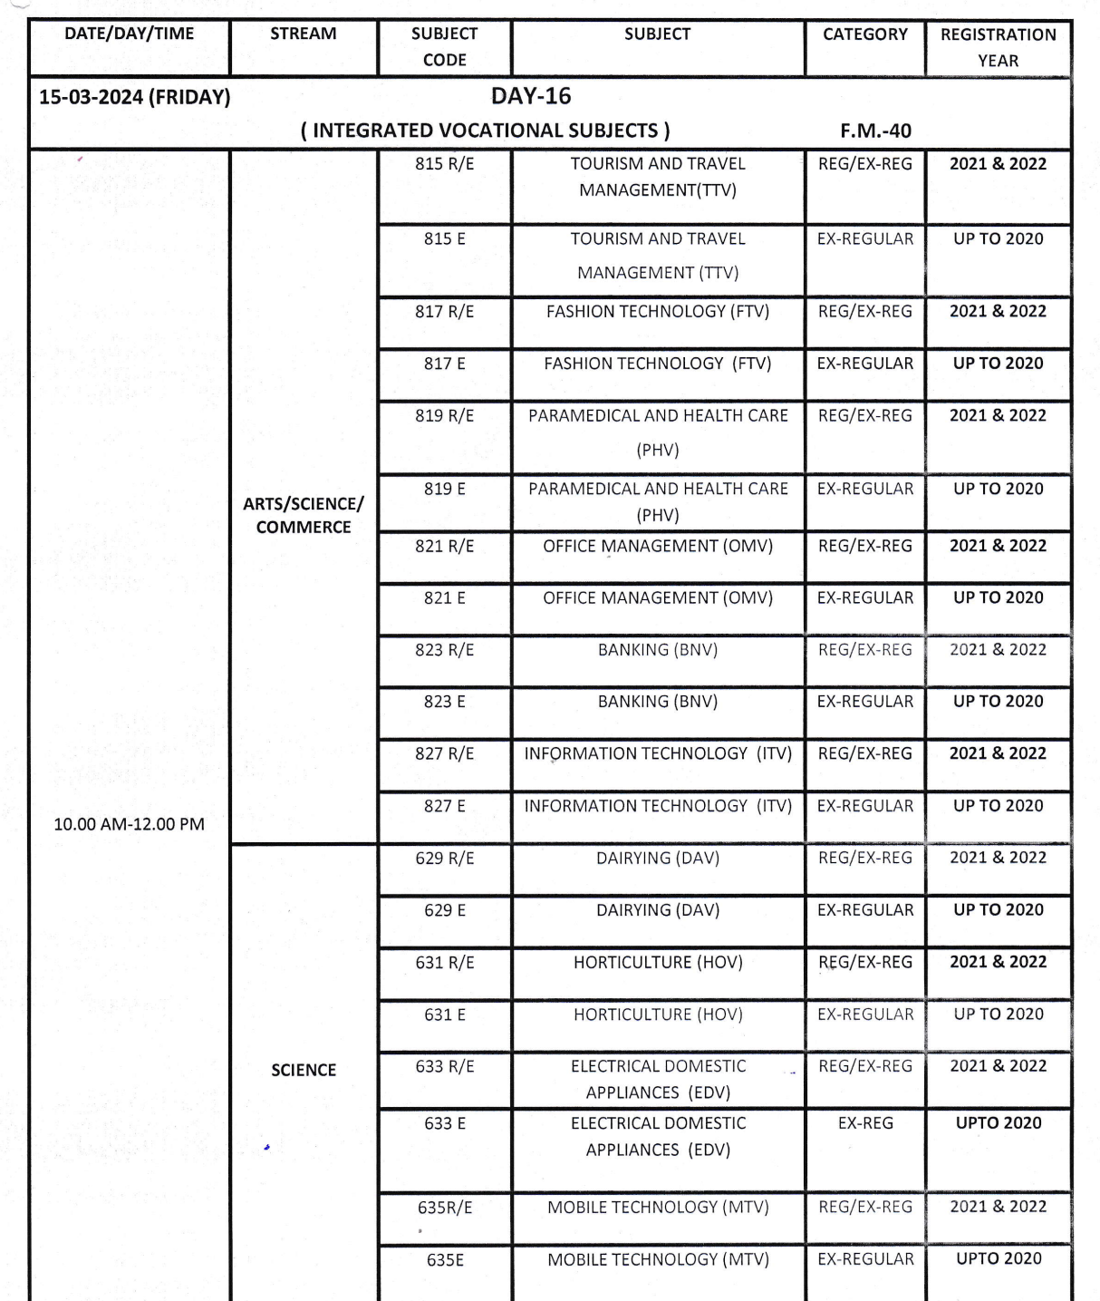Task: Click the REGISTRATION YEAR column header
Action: pos(998,47)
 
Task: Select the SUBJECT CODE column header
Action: pos(444,46)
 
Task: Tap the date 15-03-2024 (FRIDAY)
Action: pos(134,97)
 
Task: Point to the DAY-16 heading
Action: pos(531,96)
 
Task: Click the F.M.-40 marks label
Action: pos(875,131)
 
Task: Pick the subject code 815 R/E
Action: pos(444,164)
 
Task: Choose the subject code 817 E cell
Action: pos(444,364)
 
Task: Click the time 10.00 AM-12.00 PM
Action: pos(129,824)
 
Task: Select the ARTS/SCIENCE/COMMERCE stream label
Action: pos(304,515)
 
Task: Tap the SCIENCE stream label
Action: pos(304,1070)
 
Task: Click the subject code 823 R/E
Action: pos(444,650)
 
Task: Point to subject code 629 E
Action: pos(444,910)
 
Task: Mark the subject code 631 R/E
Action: pos(444,963)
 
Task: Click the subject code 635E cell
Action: pos(445,1260)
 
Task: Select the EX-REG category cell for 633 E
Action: pos(865,1123)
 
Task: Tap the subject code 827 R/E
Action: pos(444,754)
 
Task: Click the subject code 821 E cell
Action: pos(444,598)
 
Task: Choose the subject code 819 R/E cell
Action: pos(444,416)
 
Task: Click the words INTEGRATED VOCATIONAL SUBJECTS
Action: pos(486,131)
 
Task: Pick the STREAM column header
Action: pos(304,34)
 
